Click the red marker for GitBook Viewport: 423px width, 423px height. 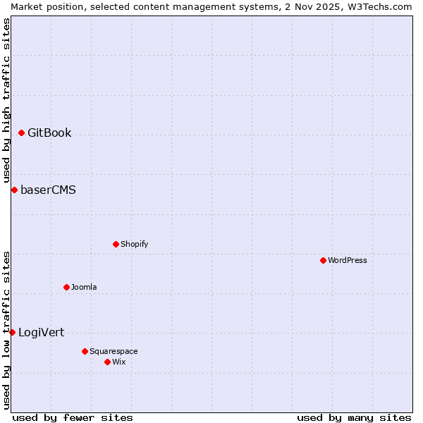click(21, 133)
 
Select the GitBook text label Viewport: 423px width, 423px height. click(49, 133)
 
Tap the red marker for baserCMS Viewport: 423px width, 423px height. click(14, 190)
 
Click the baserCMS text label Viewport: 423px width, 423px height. click(48, 190)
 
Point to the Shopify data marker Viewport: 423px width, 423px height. click(116, 244)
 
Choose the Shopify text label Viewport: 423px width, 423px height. click(134, 245)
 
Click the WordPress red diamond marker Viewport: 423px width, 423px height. click(323, 260)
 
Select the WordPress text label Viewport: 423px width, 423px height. click(347, 261)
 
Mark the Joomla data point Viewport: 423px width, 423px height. click(66, 287)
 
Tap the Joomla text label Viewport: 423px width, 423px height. click(84, 288)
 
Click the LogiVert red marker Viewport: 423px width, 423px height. click(12, 332)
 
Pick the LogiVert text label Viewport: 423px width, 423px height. click(41, 333)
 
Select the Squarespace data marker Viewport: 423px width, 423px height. click(85, 351)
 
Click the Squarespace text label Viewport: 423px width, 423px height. click(114, 352)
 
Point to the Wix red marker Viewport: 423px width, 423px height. click(107, 362)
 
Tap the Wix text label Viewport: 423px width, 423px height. click(118, 362)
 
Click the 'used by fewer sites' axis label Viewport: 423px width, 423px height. click(73, 417)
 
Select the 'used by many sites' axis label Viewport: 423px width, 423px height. click(354, 417)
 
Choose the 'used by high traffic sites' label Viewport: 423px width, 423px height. click(6, 100)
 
